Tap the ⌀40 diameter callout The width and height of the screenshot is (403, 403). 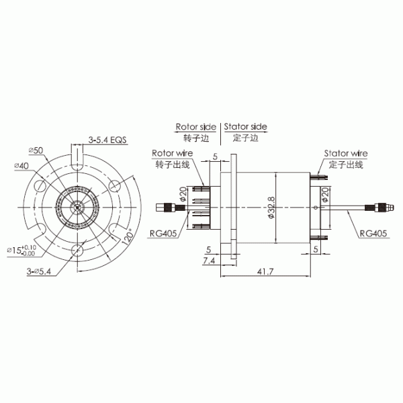(21, 165)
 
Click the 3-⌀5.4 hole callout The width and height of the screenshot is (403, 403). (40, 271)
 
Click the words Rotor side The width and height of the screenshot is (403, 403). (195, 126)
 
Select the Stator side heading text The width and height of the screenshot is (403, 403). (245, 126)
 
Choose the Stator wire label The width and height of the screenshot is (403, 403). (345, 152)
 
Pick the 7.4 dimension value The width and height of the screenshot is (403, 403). (209, 260)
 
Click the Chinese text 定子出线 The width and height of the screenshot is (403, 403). (345, 164)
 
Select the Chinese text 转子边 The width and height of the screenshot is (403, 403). (195, 138)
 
